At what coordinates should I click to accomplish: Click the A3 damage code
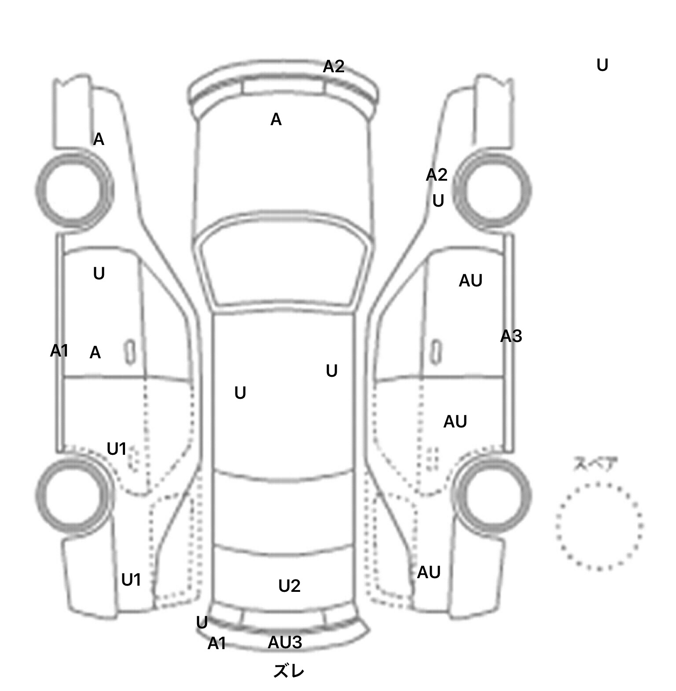pyautogui.click(x=511, y=337)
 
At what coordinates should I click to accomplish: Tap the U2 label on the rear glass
pyautogui.click(x=289, y=586)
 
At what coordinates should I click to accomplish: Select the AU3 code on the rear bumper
pyautogui.click(x=285, y=643)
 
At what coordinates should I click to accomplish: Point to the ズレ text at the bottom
pyautogui.click(x=288, y=671)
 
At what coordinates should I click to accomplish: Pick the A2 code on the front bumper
pyautogui.click(x=334, y=67)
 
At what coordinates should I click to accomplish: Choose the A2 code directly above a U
pyautogui.click(x=437, y=175)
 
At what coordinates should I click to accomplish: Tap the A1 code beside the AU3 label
pyautogui.click(x=217, y=643)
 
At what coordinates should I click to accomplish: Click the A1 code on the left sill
pyautogui.click(x=59, y=351)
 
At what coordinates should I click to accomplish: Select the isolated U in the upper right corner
pyautogui.click(x=602, y=65)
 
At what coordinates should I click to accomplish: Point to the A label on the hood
pyautogui.click(x=276, y=119)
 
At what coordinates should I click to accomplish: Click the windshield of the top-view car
pyautogui.click(x=284, y=264)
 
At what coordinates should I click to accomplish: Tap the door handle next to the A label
pyautogui.click(x=130, y=352)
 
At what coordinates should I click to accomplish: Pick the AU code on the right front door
pyautogui.click(x=470, y=281)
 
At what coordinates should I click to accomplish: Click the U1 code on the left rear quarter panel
pyautogui.click(x=131, y=580)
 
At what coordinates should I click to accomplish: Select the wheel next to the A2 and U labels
pyautogui.click(x=492, y=190)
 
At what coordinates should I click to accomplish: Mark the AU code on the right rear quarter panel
pyautogui.click(x=429, y=572)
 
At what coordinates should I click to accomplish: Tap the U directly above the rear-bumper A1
pyautogui.click(x=202, y=623)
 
